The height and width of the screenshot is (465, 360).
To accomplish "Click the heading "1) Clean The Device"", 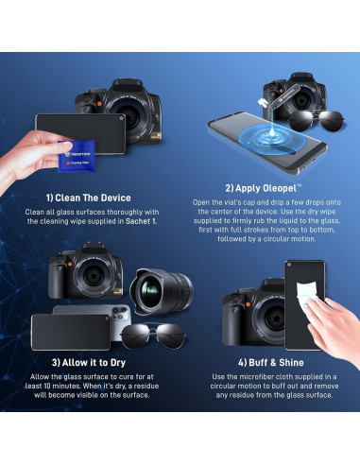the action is click(x=88, y=198).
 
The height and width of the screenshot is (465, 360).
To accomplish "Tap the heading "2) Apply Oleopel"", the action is click(x=264, y=188).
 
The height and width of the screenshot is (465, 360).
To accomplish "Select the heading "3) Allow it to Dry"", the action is click(x=89, y=363).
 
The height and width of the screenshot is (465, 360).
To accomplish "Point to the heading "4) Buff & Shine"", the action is click(x=271, y=363).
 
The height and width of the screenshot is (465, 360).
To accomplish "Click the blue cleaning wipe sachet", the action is click(x=77, y=156).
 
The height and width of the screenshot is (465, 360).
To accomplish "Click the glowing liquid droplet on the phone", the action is click(x=272, y=131).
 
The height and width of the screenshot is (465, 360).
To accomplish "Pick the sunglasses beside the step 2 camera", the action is click(x=316, y=121).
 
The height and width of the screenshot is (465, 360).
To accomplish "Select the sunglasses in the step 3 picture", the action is click(x=153, y=336).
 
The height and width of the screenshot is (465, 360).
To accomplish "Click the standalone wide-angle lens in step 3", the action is click(x=162, y=292).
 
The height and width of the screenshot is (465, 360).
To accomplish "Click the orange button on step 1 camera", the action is click(x=99, y=103).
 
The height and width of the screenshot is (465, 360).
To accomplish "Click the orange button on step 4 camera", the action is click(x=248, y=304).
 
